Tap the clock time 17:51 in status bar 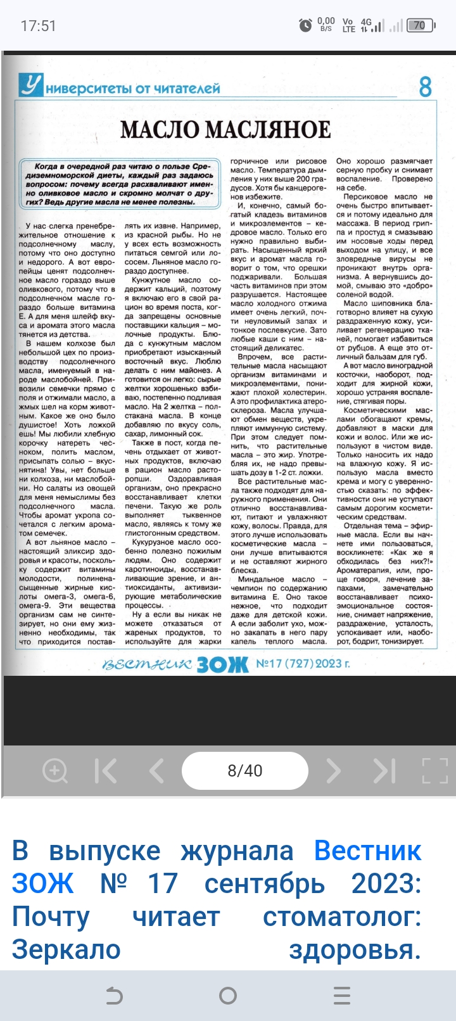39,26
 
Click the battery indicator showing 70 419,26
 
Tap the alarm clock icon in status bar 305,25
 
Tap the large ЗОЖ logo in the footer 222,664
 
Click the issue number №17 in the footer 269,664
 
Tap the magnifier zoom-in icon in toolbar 54,770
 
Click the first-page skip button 106,770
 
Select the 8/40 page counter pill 245,770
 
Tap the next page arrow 333,770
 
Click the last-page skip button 384,770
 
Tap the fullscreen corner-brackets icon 434,770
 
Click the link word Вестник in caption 367,851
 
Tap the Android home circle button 228,996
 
